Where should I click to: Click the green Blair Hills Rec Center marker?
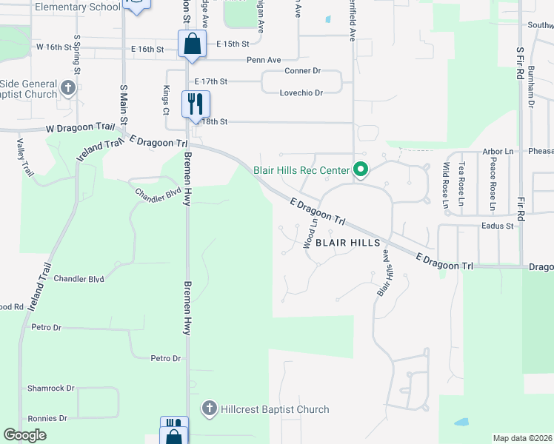[361, 170]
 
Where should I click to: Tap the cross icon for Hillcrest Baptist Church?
[210, 408]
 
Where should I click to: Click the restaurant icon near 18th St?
[196, 103]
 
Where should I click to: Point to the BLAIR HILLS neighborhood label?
[348, 243]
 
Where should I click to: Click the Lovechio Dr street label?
[301, 93]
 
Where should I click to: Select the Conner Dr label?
[302, 71]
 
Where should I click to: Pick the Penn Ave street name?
[264, 59]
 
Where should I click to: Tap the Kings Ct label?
[167, 99]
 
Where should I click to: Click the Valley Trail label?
[25, 158]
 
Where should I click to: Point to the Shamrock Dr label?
[51, 388]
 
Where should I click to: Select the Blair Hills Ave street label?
[384, 273]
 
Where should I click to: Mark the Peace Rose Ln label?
[493, 185]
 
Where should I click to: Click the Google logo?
[24, 435]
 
